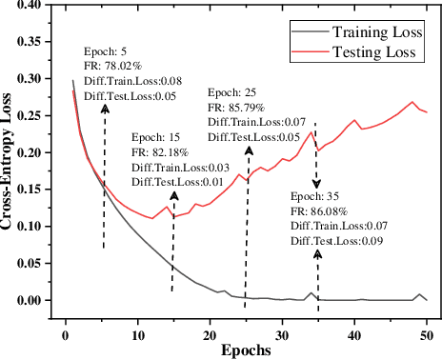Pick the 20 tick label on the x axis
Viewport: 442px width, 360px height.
pyautogui.click(x=211, y=334)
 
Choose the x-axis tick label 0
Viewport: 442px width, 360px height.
pyautogui.click(x=66, y=334)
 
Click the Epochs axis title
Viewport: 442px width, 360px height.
pyautogui.click(x=247, y=350)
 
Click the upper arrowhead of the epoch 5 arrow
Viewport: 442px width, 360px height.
pyautogui.click(x=105, y=109)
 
